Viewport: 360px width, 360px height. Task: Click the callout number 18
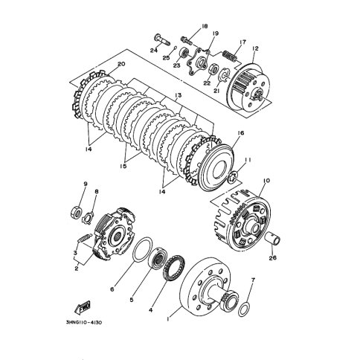tap(205, 26)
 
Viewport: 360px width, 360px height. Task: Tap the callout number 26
tap(273, 258)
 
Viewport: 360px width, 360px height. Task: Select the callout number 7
tap(253, 280)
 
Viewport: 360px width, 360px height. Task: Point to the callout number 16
tap(240, 133)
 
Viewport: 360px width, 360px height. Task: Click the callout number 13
tap(178, 95)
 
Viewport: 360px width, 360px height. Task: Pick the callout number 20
tap(121, 64)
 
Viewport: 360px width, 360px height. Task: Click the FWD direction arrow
tap(82, 306)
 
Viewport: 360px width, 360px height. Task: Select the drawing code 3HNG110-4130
tap(84, 323)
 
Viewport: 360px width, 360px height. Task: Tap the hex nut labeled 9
tap(77, 211)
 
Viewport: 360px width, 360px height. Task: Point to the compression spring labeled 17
tap(231, 56)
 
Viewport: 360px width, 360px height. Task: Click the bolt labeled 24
tap(162, 39)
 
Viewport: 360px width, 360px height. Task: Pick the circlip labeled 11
tap(232, 176)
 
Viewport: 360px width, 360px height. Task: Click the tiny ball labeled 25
tap(176, 47)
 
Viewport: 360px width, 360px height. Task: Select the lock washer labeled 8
tap(88, 216)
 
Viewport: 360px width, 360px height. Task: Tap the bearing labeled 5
tap(158, 259)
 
